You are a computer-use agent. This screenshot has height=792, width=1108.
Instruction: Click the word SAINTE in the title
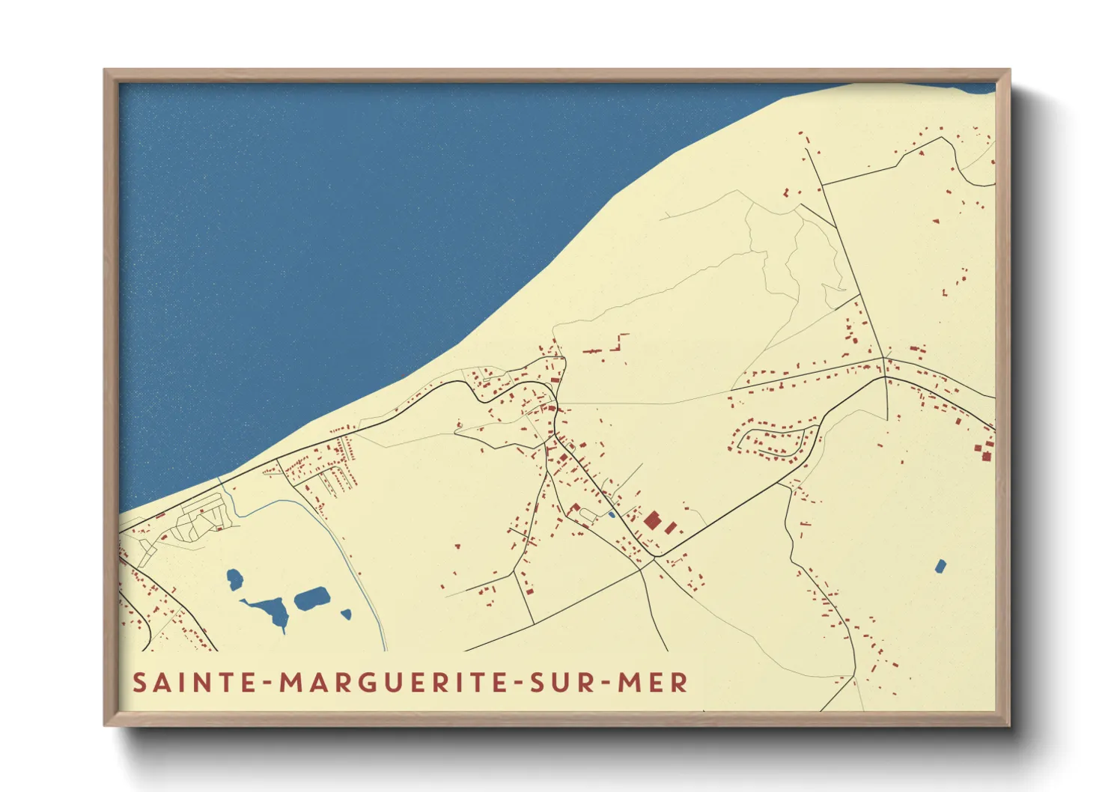192,683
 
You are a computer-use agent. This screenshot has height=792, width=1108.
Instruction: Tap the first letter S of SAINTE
139,683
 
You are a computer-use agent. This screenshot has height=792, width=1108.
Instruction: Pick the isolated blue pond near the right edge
940,566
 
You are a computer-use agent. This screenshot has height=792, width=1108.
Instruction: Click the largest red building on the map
653,520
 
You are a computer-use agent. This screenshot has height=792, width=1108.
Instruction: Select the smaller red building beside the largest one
670,528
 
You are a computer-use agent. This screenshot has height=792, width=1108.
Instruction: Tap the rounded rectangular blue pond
312,598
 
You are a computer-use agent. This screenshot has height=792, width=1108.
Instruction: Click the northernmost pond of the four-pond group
234,579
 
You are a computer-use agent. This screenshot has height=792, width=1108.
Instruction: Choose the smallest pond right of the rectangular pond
346,615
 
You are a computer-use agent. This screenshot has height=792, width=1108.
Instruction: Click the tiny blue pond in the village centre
612,514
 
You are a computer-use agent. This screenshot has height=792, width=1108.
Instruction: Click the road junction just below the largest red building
654,557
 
